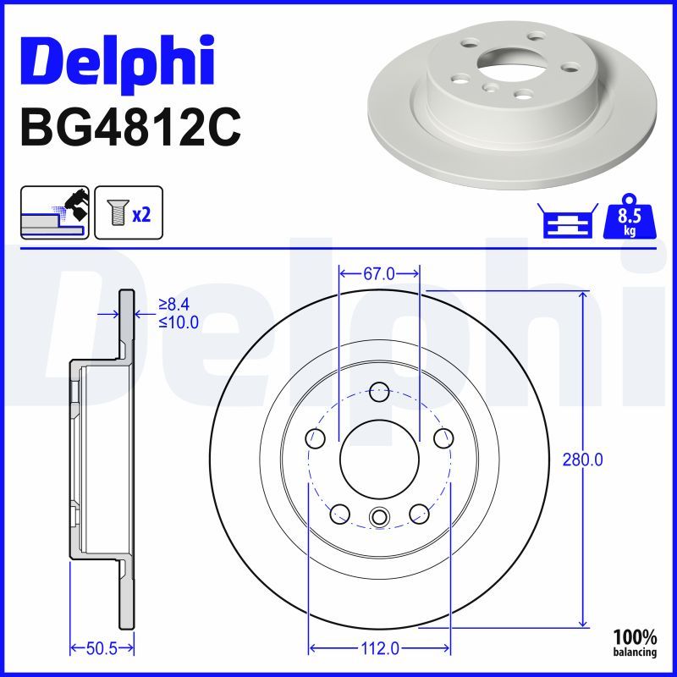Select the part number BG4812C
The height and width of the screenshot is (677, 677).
coord(130,129)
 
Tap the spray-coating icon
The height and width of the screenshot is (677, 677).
coord(55,212)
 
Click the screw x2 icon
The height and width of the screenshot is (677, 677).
coord(129,212)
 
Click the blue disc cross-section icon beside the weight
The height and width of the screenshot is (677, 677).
coord(568,220)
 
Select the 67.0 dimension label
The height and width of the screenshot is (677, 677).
coord(378,273)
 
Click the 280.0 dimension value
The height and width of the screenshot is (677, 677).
coord(582,460)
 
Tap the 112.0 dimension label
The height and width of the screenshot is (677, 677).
coord(379,648)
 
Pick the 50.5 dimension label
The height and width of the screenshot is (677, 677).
coord(102,648)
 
